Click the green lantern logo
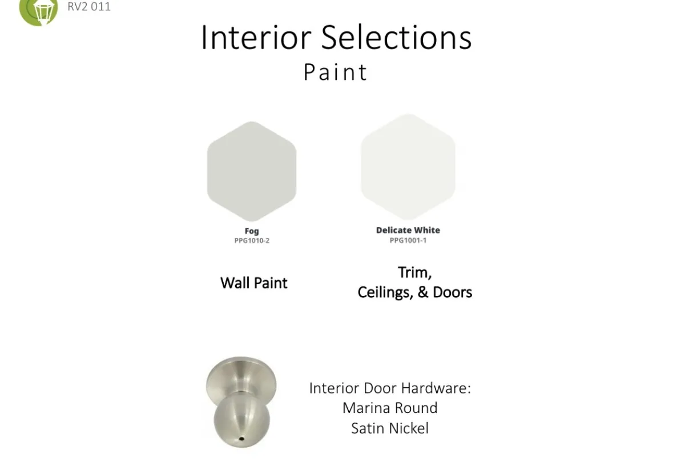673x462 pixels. coord(38,11)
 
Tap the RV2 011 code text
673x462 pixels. coord(89,6)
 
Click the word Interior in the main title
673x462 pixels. coord(256,37)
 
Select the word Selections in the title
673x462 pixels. coord(396,37)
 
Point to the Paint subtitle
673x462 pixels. coord(336,72)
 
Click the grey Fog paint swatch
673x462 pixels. coord(252,172)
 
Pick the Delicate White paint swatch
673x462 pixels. coord(408,167)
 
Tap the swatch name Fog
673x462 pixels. coord(252,231)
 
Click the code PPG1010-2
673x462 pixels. coord(252,241)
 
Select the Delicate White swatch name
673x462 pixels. coord(408,230)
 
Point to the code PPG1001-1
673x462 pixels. coord(408,240)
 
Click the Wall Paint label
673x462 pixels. coord(253,283)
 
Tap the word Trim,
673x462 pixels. coord(414,273)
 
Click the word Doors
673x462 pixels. coord(453,292)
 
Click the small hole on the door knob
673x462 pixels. coord(241,439)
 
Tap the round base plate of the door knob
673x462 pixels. coord(241,380)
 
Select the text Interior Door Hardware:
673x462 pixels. coord(390,388)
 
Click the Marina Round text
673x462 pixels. coord(390,408)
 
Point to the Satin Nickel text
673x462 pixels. coord(390,428)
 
